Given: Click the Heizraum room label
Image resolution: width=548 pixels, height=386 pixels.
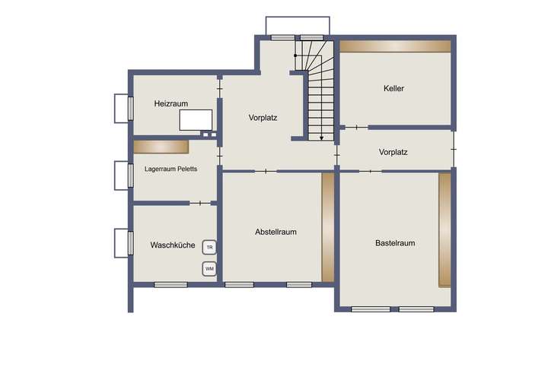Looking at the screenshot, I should click(x=170, y=103).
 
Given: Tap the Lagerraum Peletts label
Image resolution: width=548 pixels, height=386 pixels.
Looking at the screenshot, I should click(x=170, y=169).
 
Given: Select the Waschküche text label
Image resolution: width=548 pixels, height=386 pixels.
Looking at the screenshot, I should click(x=173, y=245).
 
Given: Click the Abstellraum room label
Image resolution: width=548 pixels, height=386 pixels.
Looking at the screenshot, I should click(x=276, y=232).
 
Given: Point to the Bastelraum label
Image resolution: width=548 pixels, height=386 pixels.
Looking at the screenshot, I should click(x=395, y=243).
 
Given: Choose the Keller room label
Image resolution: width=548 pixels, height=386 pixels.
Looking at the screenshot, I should click(x=393, y=88).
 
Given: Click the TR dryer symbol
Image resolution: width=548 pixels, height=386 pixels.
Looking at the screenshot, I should click(x=209, y=247).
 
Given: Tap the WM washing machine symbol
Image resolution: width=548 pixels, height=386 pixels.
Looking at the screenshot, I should click(x=209, y=268).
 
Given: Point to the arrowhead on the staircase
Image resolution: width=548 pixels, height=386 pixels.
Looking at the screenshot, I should click(x=322, y=138).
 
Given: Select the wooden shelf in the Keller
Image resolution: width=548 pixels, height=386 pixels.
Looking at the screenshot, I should click(x=395, y=46).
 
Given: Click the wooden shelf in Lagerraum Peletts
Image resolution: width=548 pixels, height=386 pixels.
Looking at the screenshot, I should click(x=161, y=146).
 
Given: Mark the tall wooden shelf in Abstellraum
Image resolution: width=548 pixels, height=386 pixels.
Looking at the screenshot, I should click(x=328, y=227).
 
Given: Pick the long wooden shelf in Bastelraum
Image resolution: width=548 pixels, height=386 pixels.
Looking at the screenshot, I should click(x=444, y=229).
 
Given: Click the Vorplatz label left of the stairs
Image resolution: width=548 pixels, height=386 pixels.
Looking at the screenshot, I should click(x=263, y=118).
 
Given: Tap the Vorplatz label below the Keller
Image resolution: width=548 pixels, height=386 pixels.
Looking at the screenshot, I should click(x=393, y=152).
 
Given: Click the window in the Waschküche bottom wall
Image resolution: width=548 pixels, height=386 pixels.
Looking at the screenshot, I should click(x=170, y=285).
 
